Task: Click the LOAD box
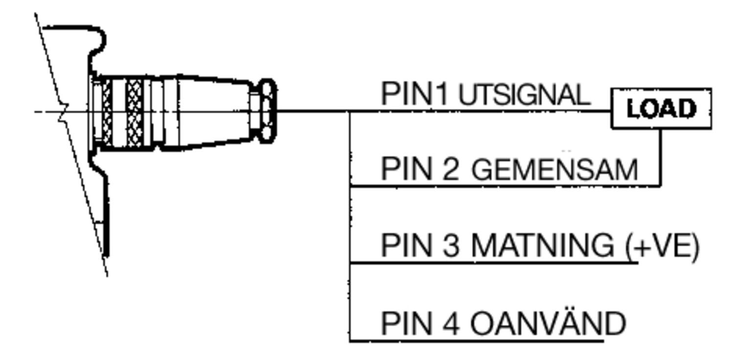[661, 109]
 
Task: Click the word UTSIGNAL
[524, 94]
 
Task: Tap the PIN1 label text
[414, 93]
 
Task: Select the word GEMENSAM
[555, 170]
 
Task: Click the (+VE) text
[662, 246]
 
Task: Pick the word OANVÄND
[548, 323]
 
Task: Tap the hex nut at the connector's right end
[267, 111]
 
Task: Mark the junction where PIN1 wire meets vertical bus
[350, 112]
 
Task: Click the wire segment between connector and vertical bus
[313, 111]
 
